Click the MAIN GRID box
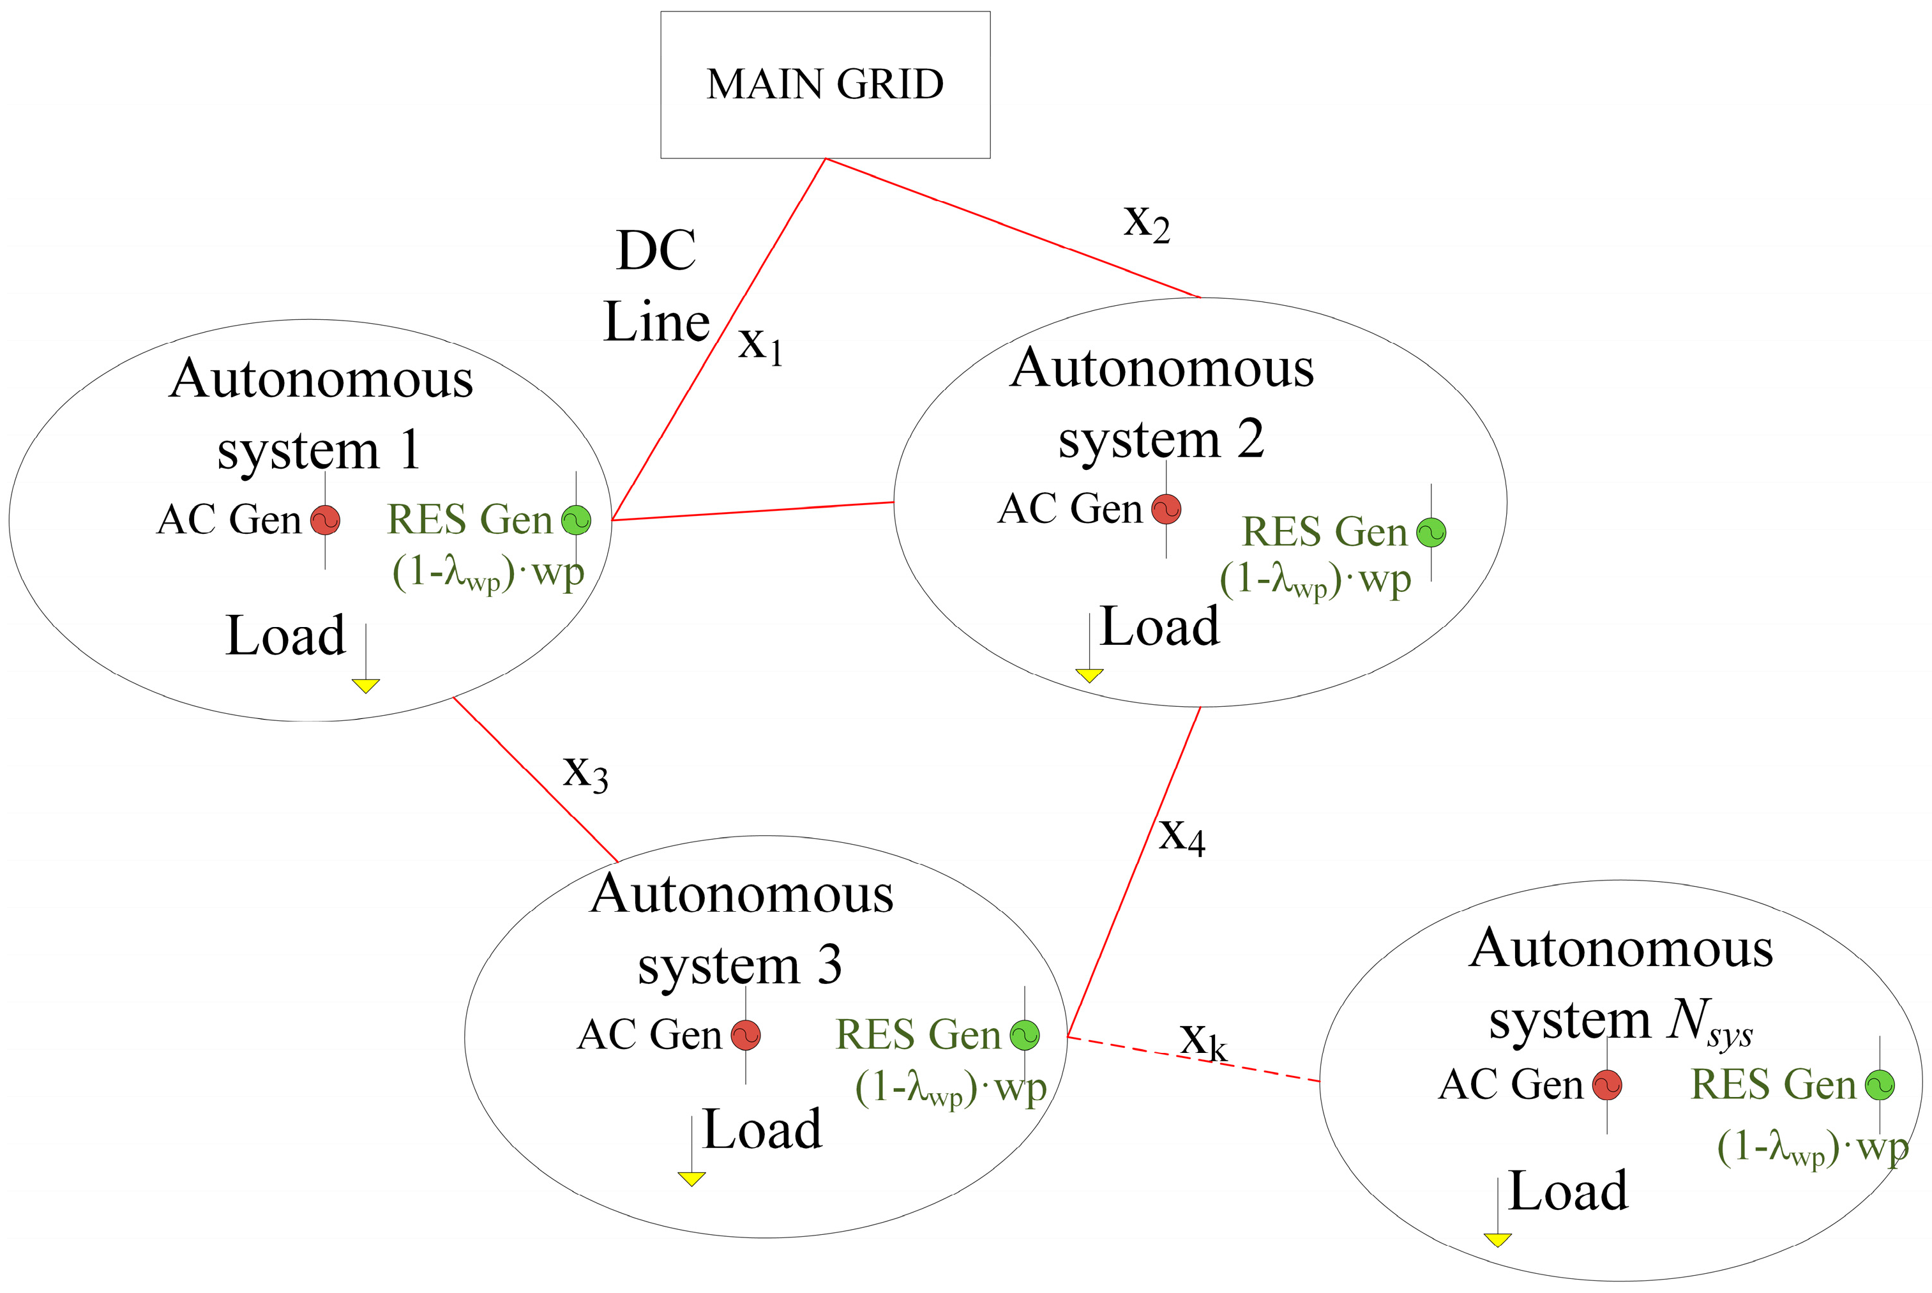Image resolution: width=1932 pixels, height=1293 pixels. click(825, 84)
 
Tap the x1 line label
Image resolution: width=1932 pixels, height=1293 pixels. click(759, 344)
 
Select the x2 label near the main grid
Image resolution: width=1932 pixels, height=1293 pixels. click(1146, 223)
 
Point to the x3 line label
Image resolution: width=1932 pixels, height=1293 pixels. click(585, 773)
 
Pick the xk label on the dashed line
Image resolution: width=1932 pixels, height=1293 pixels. click(1203, 1041)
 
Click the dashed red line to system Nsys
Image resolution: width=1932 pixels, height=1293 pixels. click(1262, 1070)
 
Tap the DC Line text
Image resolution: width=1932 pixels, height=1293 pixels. click(656, 286)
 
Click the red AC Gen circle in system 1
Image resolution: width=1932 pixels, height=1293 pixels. click(325, 520)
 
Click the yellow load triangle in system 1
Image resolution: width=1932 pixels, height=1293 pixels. click(365, 685)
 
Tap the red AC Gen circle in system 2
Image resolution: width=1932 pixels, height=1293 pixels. click(1166, 509)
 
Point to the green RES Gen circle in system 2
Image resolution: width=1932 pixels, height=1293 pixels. click(1431, 532)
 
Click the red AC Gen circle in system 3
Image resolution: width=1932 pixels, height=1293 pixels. click(746, 1035)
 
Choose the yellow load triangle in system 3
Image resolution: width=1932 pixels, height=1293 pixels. click(691, 1178)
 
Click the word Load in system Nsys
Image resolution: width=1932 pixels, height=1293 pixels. click(1567, 1191)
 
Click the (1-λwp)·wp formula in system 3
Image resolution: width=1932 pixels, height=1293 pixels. click(950, 1089)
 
